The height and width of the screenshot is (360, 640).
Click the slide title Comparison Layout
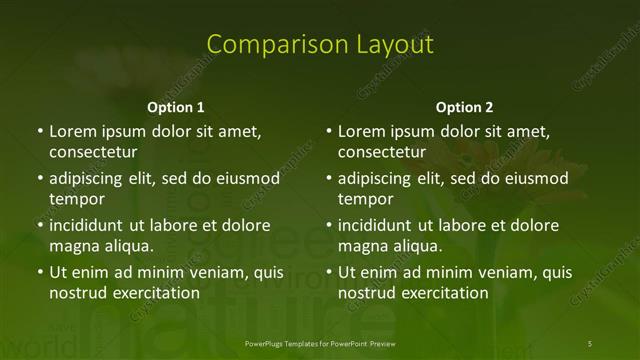(320, 44)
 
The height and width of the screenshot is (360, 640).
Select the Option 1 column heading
(176, 107)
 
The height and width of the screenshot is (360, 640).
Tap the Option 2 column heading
(464, 107)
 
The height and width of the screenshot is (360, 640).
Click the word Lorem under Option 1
(71, 131)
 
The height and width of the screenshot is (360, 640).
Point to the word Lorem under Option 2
(360, 131)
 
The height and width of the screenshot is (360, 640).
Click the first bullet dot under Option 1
(40, 131)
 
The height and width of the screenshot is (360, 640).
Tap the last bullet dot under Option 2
(329, 272)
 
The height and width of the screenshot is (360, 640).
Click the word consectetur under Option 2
(381, 152)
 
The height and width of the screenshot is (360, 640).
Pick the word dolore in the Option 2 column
(536, 225)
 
